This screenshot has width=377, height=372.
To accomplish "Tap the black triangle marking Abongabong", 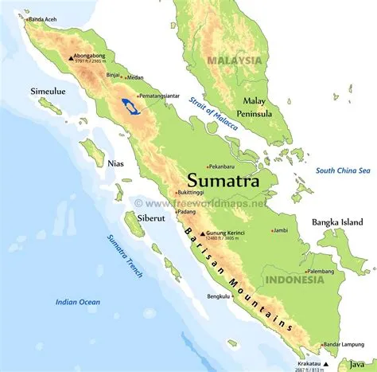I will point(69,56).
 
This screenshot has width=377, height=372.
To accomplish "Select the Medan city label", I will point(134,77).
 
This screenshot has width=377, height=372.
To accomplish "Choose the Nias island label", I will point(115,163).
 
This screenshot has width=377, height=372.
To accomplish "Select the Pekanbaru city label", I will point(228,166).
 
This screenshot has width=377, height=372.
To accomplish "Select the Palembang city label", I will point(321,271).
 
